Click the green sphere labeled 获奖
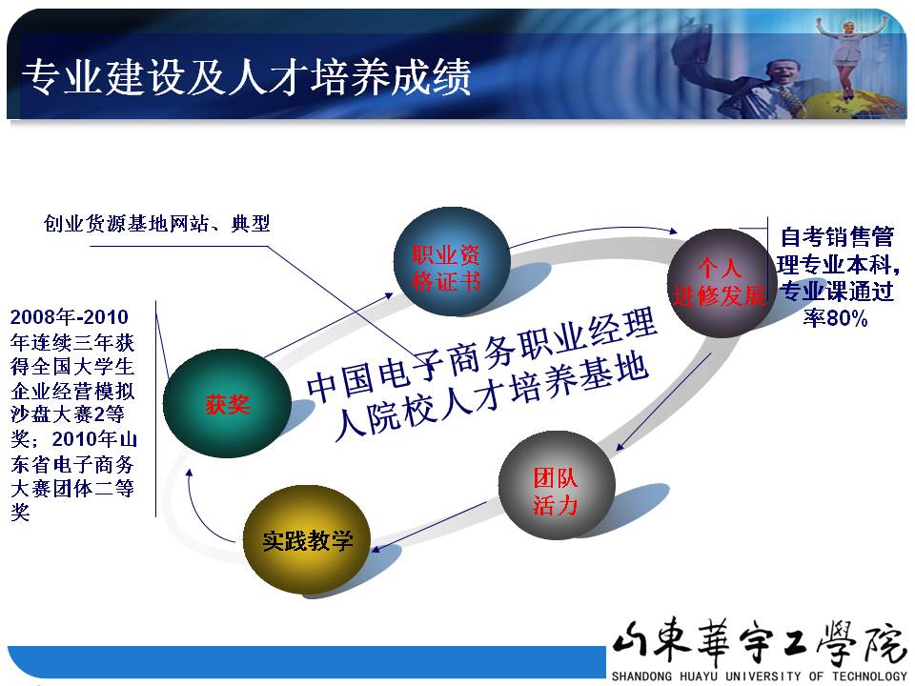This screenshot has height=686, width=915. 227,403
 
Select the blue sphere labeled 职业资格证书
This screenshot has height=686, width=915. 452,261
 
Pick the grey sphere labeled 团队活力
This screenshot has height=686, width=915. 557,485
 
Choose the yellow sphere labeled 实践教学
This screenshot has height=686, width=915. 307,540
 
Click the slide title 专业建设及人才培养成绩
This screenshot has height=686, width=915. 246,76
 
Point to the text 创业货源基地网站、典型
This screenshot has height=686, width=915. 157,223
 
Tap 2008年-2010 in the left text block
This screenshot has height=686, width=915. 69,316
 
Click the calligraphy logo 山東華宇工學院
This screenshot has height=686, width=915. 758,641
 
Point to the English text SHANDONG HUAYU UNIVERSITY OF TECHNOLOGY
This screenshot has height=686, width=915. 760,676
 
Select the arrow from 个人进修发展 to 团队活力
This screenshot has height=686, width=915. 663,402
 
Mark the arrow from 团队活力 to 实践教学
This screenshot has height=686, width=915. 430,526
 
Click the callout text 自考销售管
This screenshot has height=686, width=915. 837,237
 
